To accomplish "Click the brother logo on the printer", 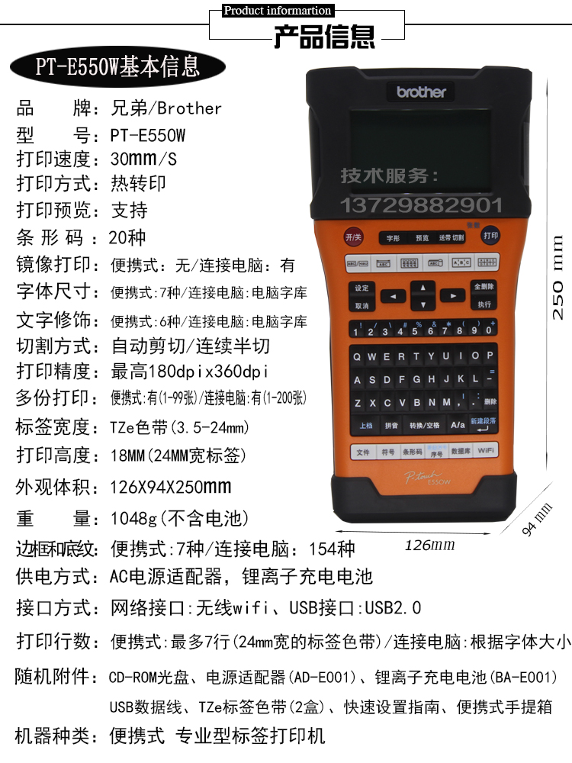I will (421, 92).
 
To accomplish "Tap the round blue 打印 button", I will (490, 236).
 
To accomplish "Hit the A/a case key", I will (457, 424).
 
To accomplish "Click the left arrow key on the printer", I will (393, 296).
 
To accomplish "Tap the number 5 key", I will (415, 330).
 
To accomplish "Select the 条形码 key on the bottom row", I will (412, 452).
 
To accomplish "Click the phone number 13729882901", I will (421, 205).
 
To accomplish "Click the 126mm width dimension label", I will (429, 545).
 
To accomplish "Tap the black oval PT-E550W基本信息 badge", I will (117, 66).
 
